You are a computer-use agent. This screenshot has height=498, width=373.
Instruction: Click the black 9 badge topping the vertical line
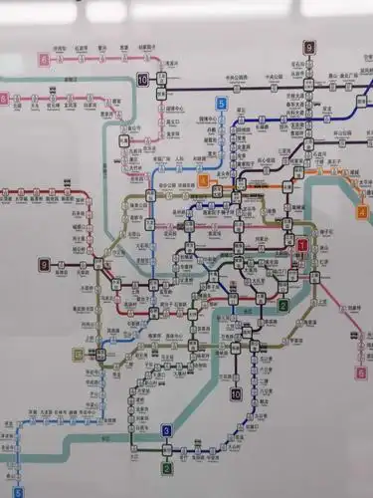pyautogui.click(x=309, y=47)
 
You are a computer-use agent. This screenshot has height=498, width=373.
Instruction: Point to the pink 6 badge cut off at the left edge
pyautogui.click(x=4, y=98)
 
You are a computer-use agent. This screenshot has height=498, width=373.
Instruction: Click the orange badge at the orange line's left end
pyautogui.click(x=203, y=180)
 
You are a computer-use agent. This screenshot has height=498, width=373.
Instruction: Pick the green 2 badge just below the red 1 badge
pyautogui.click(x=283, y=306)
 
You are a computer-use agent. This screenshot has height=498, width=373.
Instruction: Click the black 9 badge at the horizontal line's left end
pyautogui.click(x=44, y=264)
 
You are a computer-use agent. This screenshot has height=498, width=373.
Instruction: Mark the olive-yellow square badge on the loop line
pyautogui.click(x=78, y=353)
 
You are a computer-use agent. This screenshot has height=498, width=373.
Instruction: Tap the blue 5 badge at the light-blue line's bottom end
pyautogui.click(x=17, y=491)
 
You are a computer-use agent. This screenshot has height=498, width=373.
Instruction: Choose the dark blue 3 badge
pyautogui.click(x=167, y=430)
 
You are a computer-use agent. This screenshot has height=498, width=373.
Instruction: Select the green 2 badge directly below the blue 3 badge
pyautogui.click(x=167, y=467)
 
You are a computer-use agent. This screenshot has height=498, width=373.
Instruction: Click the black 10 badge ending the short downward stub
pyautogui.click(x=236, y=394)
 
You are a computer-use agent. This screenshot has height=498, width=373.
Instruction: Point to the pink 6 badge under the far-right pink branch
pyautogui.click(x=360, y=374)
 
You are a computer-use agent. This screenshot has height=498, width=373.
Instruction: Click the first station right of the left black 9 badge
pyautogui.click(x=61, y=265)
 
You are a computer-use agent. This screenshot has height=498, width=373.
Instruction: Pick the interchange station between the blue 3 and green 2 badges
pyautogui.click(x=167, y=449)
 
